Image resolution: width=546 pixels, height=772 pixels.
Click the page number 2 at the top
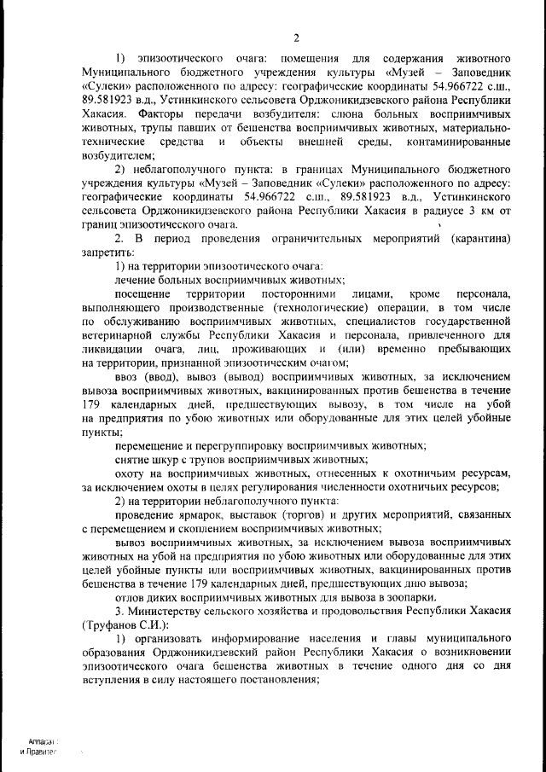coord(296,38)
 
